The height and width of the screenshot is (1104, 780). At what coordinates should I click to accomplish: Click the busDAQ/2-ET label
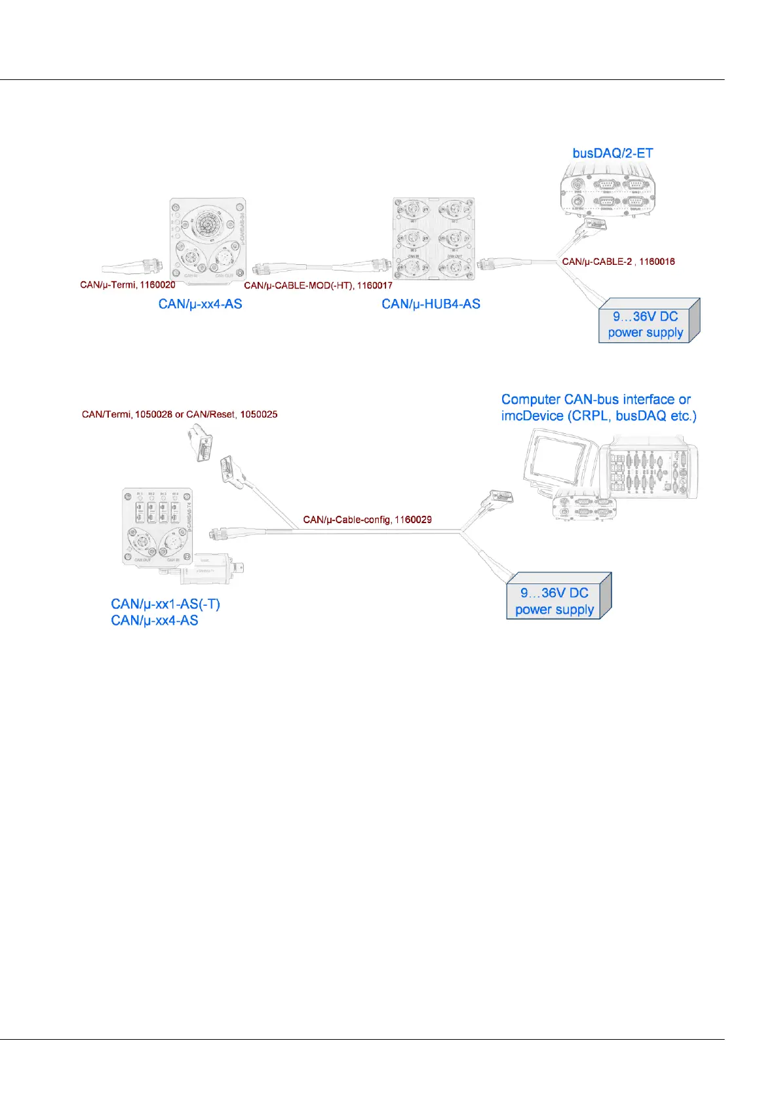pyautogui.click(x=612, y=153)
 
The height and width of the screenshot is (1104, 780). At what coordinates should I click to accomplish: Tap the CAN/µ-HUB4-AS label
pyautogui.click(x=431, y=304)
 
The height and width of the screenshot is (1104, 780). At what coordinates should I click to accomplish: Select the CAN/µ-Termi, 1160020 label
pyautogui.click(x=128, y=285)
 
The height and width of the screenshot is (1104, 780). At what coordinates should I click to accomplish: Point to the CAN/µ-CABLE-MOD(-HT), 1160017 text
pyautogui.click(x=318, y=286)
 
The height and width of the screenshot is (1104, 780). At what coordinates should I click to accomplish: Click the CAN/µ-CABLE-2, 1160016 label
pyautogui.click(x=618, y=262)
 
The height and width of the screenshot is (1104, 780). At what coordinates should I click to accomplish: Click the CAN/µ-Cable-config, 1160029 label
pyautogui.click(x=367, y=520)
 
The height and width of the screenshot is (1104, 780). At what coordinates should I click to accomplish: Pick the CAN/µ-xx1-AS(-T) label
pyautogui.click(x=165, y=604)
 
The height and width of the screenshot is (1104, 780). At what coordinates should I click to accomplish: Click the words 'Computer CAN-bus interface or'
pyautogui.click(x=596, y=399)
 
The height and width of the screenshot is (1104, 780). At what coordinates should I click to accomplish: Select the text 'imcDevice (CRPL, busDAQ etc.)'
pyautogui.click(x=598, y=416)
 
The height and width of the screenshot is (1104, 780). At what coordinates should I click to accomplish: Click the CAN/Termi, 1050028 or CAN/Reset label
pyautogui.click(x=180, y=414)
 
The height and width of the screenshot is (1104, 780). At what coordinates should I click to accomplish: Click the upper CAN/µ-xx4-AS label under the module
pyautogui.click(x=200, y=304)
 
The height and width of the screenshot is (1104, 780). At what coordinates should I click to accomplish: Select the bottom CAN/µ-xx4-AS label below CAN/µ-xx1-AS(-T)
pyautogui.click(x=155, y=620)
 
